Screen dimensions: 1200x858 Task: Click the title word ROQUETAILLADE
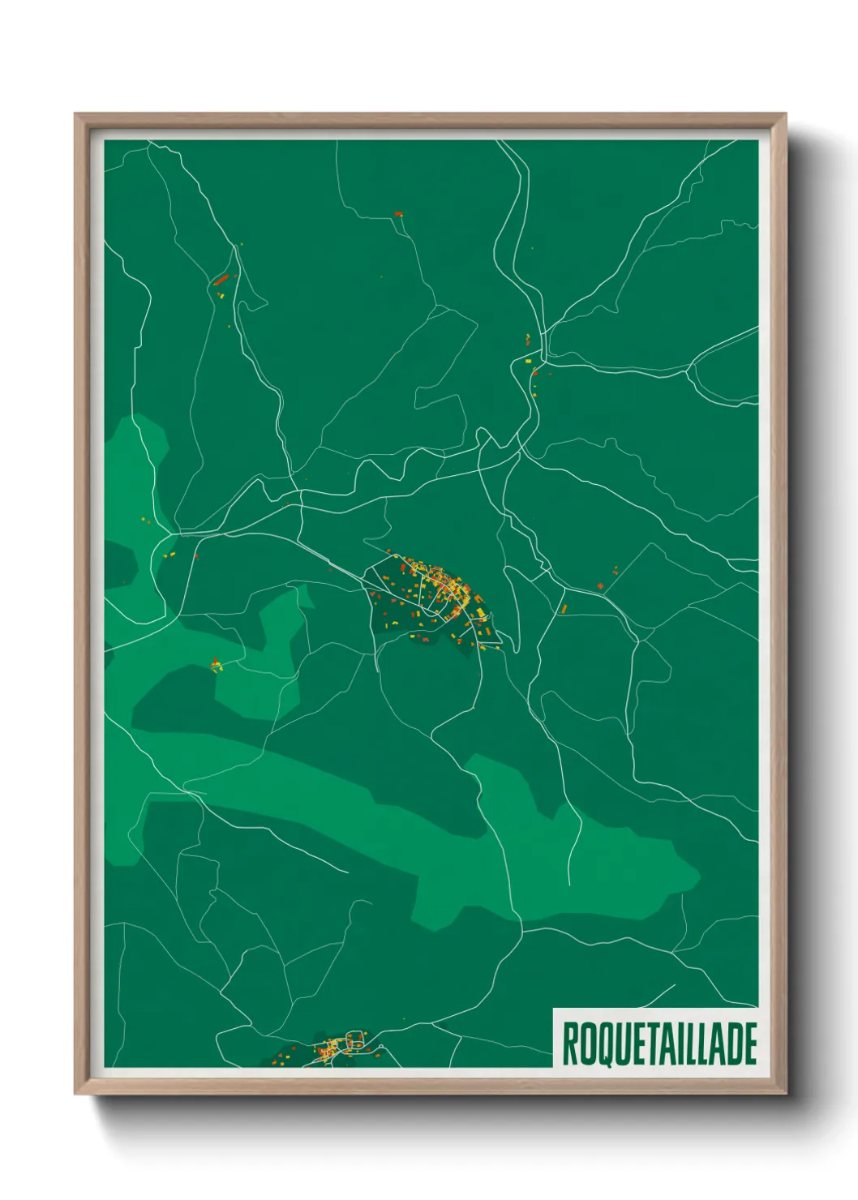(659, 1044)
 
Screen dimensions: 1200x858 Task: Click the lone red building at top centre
(397, 214)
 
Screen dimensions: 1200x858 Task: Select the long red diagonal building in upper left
(220, 280)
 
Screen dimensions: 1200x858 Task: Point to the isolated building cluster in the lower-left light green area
(215, 666)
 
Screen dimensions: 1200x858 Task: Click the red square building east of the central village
(600, 585)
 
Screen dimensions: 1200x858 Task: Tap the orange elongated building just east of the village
(564, 607)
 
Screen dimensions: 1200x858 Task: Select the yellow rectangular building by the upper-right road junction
(528, 360)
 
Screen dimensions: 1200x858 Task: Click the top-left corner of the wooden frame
(76, 115)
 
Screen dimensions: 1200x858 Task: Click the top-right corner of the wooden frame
(785, 115)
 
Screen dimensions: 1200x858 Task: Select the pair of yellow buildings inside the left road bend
(169, 555)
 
